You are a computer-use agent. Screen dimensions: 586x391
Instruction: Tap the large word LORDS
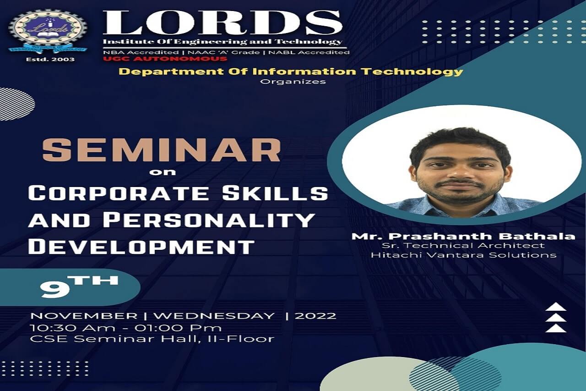click(222, 23)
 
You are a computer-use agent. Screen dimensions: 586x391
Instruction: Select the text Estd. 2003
click(50, 60)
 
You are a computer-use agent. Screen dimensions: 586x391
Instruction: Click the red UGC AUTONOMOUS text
click(165, 59)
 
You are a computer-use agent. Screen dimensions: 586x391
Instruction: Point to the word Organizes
click(293, 82)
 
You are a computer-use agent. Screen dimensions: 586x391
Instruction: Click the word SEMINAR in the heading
click(162, 150)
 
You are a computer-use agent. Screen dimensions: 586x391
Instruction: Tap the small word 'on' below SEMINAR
click(162, 172)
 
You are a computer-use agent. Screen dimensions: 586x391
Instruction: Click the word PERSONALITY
click(209, 220)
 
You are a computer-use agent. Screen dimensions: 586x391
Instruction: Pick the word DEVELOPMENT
click(141, 247)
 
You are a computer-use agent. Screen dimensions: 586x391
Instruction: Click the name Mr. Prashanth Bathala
click(463, 236)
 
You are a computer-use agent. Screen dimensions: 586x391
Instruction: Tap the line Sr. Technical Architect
click(463, 246)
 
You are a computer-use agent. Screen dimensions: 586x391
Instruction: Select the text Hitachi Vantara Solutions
click(464, 255)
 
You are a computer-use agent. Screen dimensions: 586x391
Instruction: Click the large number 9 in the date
click(55, 290)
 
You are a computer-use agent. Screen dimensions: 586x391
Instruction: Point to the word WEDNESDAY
click(214, 316)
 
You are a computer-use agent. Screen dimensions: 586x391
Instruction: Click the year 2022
click(315, 316)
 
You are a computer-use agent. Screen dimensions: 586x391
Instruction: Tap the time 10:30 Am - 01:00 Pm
click(125, 328)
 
